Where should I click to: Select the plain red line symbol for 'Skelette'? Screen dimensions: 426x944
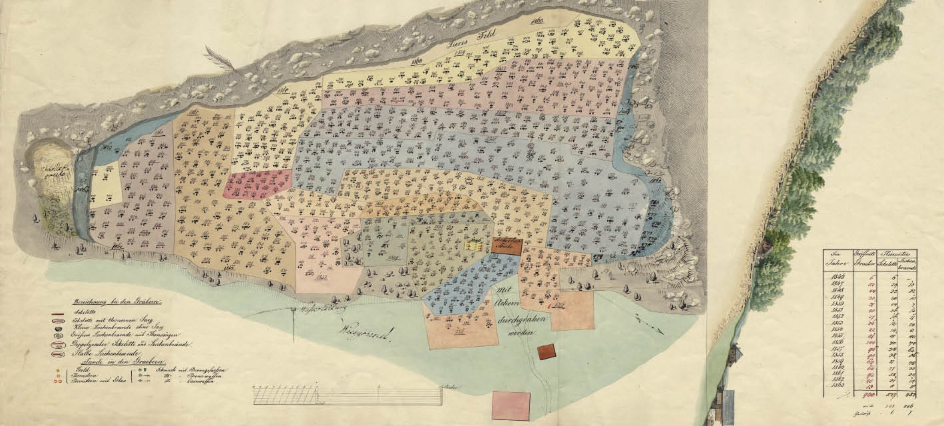pos(58,315)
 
